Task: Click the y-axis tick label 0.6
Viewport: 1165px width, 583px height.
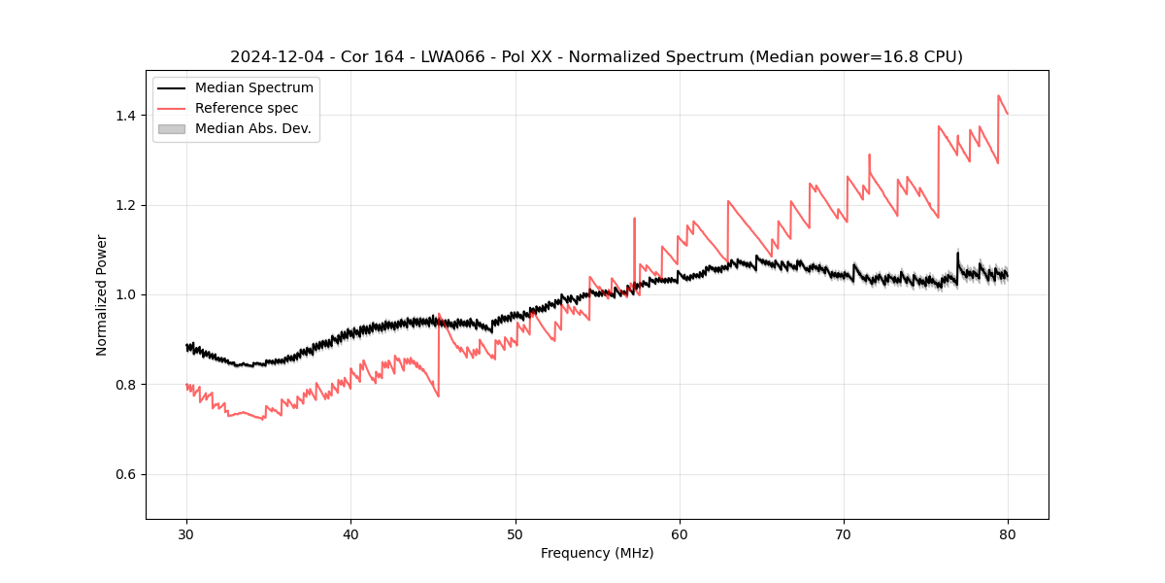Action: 125,474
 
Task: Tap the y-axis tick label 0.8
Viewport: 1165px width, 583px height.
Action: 125,385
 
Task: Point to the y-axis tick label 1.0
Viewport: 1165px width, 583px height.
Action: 125,294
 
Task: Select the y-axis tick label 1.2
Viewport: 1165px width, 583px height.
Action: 125,205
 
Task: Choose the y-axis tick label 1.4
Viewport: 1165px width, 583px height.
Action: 125,116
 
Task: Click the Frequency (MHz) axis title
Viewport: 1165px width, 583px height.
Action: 597,553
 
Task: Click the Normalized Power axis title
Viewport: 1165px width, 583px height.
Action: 102,294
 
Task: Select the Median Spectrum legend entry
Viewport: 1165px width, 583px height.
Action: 253,88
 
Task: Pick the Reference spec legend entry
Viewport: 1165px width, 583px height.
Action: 247,108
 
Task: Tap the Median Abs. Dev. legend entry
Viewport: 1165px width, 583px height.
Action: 252,128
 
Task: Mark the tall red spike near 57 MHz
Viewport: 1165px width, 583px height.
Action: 635,220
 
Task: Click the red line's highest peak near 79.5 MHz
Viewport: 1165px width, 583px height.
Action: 999,96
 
